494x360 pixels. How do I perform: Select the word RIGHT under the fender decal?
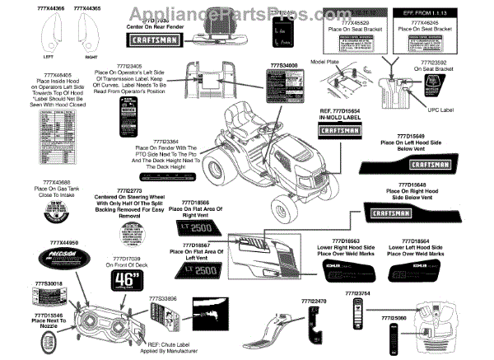tap(91, 58)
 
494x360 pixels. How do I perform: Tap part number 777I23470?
tap(315, 302)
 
